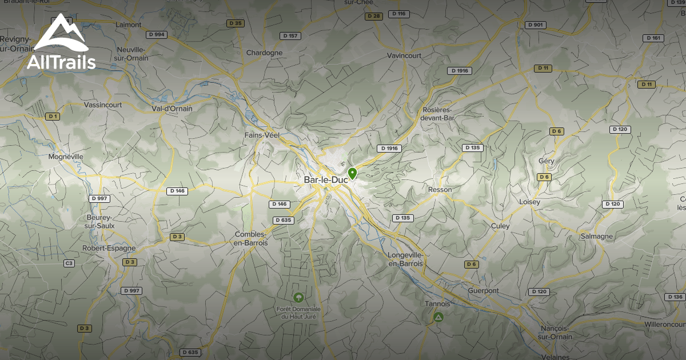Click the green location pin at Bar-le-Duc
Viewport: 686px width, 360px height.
tap(352, 173)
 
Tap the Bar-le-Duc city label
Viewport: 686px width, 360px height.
tap(326, 179)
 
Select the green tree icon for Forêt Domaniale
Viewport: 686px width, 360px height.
tap(298, 297)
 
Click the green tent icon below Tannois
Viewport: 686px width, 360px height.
tap(438, 317)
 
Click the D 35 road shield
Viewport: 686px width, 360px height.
tap(235, 23)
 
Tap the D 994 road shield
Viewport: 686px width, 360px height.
tap(157, 34)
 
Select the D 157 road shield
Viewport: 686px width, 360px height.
tap(290, 36)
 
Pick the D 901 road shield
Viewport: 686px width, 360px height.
tap(536, 25)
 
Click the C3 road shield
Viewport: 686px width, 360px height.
tap(69, 263)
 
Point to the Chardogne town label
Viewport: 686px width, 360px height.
tap(264, 53)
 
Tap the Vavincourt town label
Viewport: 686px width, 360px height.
tap(404, 55)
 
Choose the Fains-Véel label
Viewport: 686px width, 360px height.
tap(262, 135)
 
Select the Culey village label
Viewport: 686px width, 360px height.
tap(500, 226)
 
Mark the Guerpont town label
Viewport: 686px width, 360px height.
tap(483, 291)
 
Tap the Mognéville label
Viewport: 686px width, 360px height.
tap(66, 157)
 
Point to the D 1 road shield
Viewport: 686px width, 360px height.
tap(53, 116)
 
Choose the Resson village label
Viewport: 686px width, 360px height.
tap(440, 190)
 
